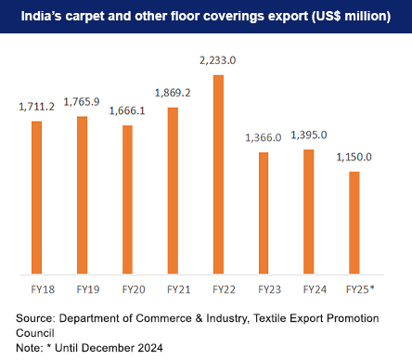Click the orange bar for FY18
coord(37,198)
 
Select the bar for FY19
coord(83,195)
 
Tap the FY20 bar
coord(127,199)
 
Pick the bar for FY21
coord(173,190)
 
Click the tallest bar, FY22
coord(218,174)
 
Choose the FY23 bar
coord(264,213)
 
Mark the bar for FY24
coord(309,212)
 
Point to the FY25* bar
coord(354,223)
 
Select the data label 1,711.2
coord(38,107)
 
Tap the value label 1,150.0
coord(354,158)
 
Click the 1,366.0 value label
coord(264,137)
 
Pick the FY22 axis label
coord(218,289)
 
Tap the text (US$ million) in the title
coord(345,18)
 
